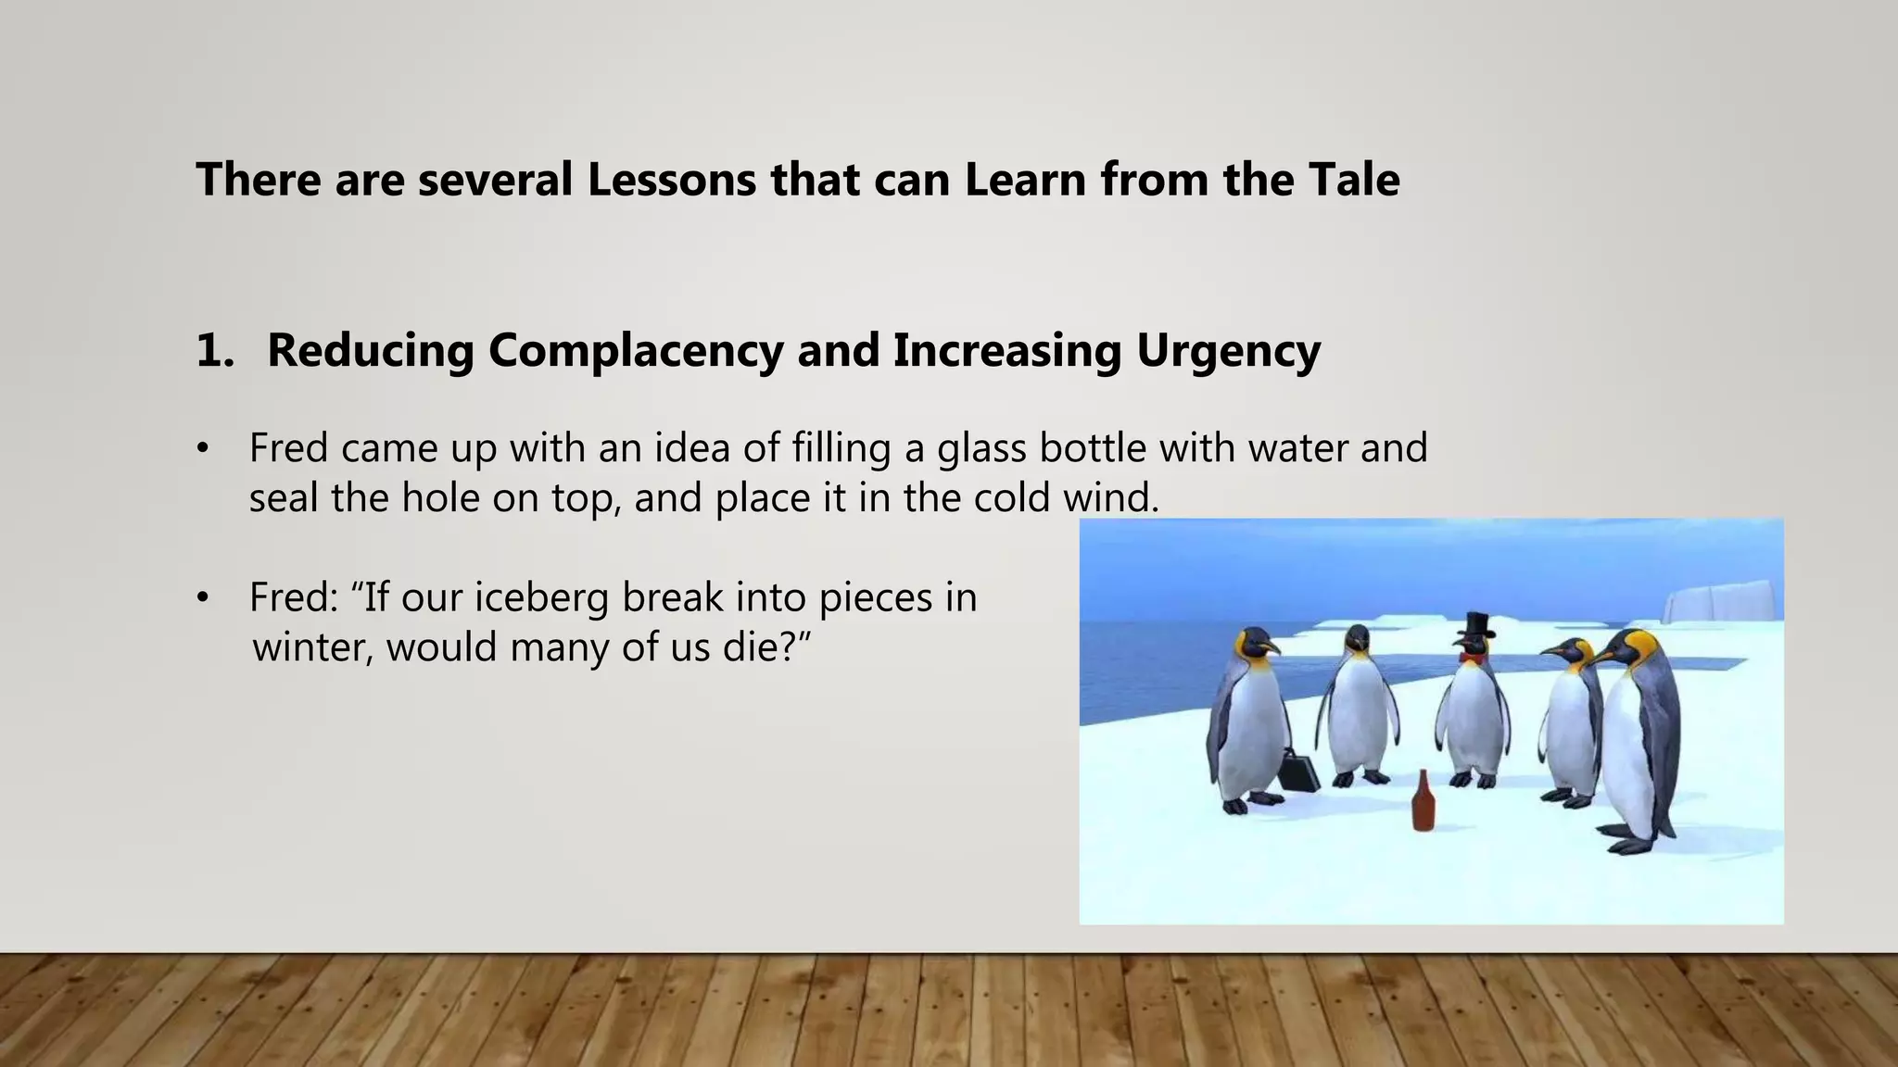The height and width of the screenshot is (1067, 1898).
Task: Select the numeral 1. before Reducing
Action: pos(214,350)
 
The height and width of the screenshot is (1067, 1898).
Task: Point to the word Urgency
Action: pos(1228,350)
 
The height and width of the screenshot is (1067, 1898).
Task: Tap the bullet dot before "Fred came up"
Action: pos(202,449)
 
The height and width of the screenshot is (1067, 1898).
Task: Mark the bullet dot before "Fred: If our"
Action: pos(202,598)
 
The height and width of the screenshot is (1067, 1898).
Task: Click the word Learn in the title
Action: pos(1024,179)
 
